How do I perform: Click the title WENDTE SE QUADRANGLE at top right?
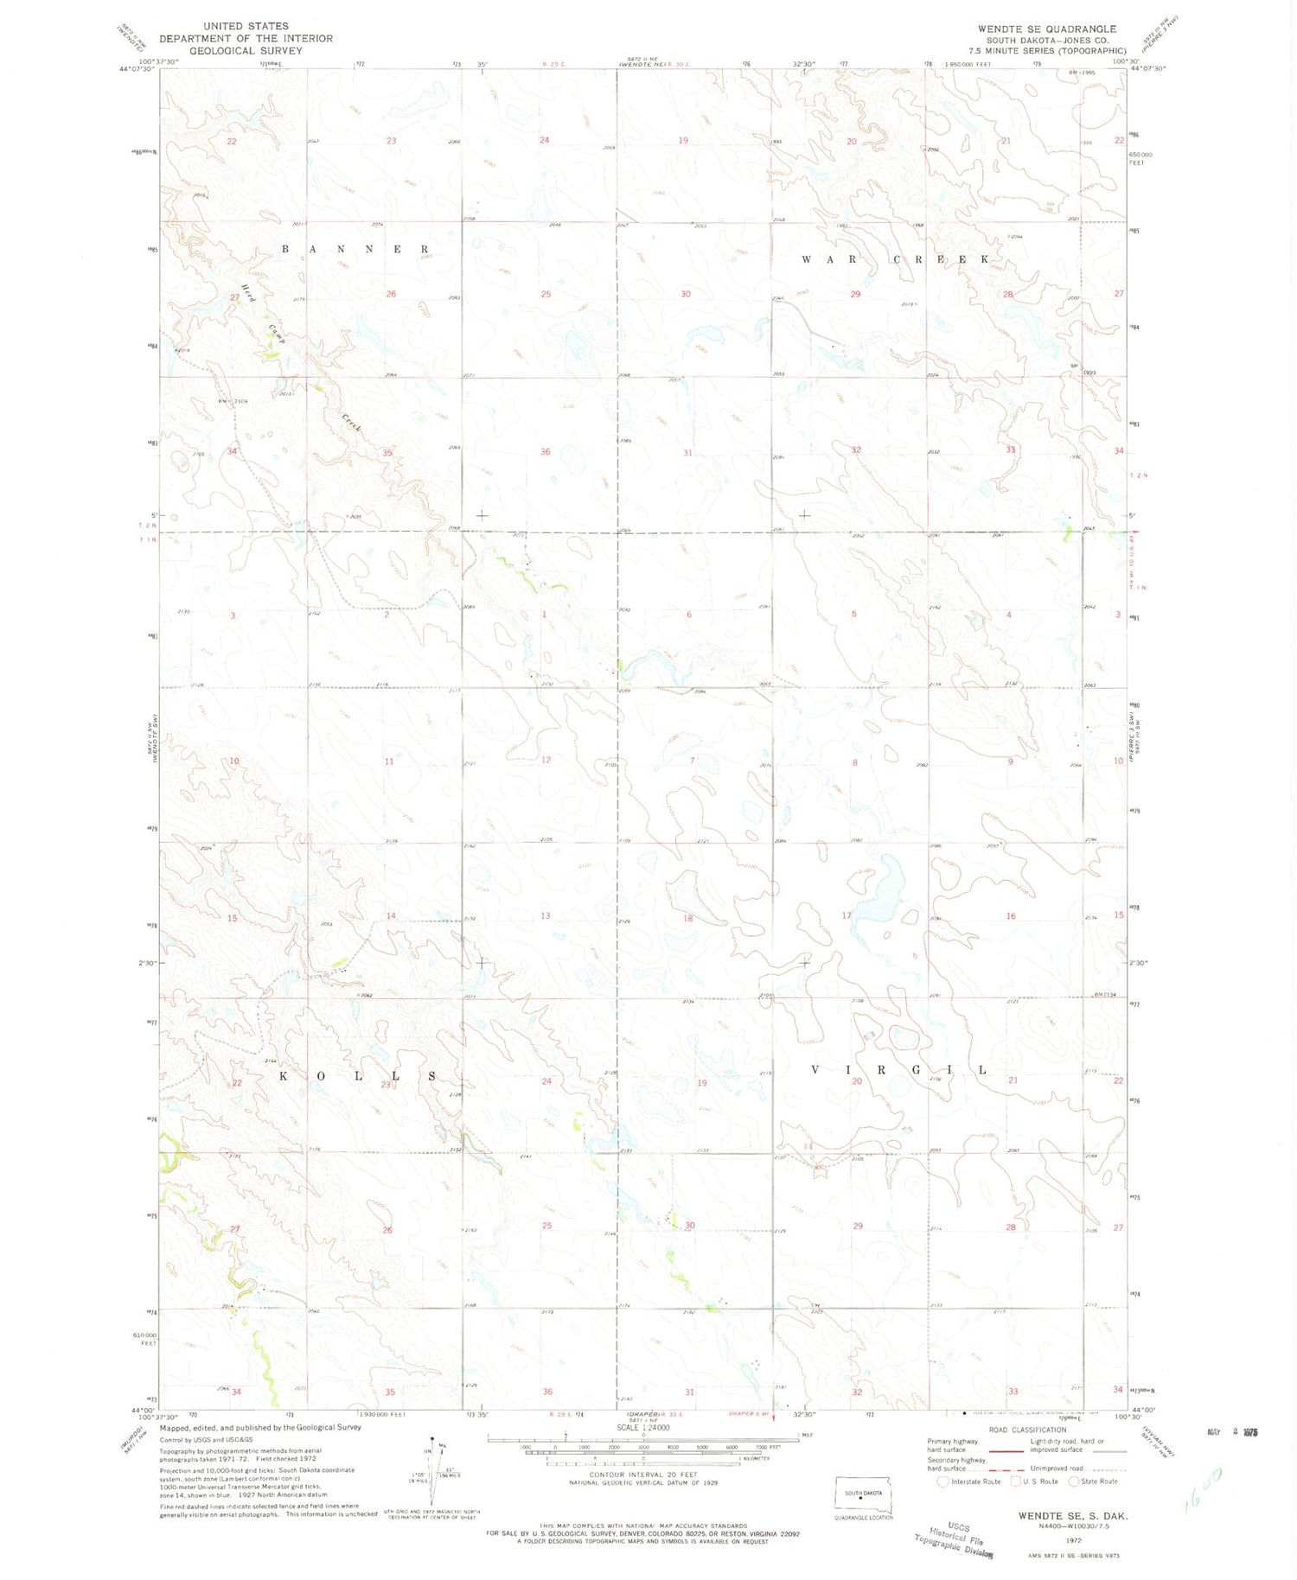click(x=1047, y=29)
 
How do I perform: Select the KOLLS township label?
click(x=358, y=1076)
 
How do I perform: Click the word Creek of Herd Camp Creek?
click(x=351, y=424)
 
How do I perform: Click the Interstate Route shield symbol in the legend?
click(x=943, y=1481)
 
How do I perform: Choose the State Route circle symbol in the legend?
click(x=1074, y=1481)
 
